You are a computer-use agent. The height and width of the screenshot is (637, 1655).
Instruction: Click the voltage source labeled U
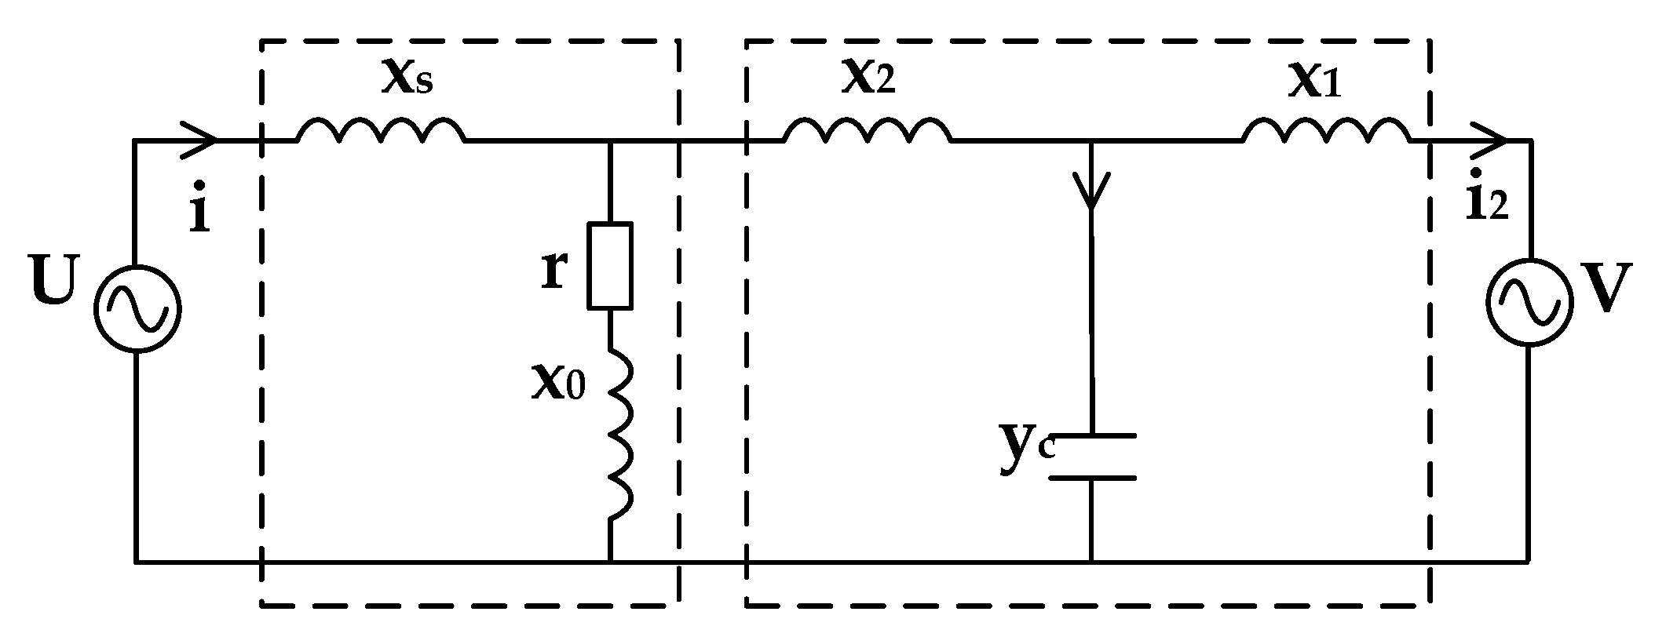(x=137, y=307)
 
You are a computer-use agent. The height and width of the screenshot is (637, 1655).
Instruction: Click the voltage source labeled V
(x=1528, y=301)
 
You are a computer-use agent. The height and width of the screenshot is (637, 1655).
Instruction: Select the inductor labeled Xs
(x=381, y=132)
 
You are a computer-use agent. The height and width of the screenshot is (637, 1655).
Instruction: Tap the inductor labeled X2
(x=867, y=132)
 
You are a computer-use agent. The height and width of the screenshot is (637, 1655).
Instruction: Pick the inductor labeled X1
(x=1326, y=132)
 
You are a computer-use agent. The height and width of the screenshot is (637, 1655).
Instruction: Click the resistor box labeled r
(x=610, y=265)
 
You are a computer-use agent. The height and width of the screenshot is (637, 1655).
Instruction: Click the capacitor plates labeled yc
(x=1092, y=456)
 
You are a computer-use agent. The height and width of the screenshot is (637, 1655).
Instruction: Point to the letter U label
(x=54, y=281)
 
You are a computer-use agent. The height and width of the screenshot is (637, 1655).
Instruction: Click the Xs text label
(x=406, y=77)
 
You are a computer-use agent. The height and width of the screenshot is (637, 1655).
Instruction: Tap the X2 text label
(x=868, y=77)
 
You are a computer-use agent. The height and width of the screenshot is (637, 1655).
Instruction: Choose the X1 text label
(x=1313, y=82)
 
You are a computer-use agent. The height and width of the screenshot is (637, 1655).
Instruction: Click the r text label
(x=554, y=270)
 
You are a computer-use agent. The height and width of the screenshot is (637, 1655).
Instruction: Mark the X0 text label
(x=558, y=382)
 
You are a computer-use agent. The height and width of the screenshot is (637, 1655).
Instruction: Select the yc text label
(x=1024, y=450)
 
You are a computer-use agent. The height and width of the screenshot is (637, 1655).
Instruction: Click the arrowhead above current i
(x=200, y=141)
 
